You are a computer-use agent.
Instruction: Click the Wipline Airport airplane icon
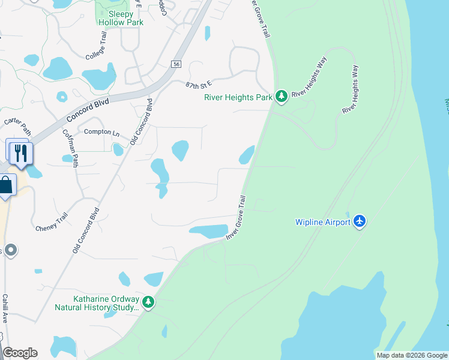click(360, 221)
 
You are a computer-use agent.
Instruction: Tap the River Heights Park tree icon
click(280, 96)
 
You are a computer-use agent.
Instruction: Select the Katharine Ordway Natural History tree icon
click(148, 302)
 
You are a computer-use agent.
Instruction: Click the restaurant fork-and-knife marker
click(20, 152)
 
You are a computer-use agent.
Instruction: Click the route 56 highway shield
click(176, 64)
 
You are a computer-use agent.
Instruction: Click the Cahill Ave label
click(4, 308)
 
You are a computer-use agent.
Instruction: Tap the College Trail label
click(97, 46)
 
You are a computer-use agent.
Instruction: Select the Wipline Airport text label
click(322, 222)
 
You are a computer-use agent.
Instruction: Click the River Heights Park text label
click(238, 97)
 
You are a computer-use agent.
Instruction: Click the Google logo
click(20, 353)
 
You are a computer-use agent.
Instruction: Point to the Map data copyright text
click(411, 355)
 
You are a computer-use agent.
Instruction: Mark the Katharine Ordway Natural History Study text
click(98, 303)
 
